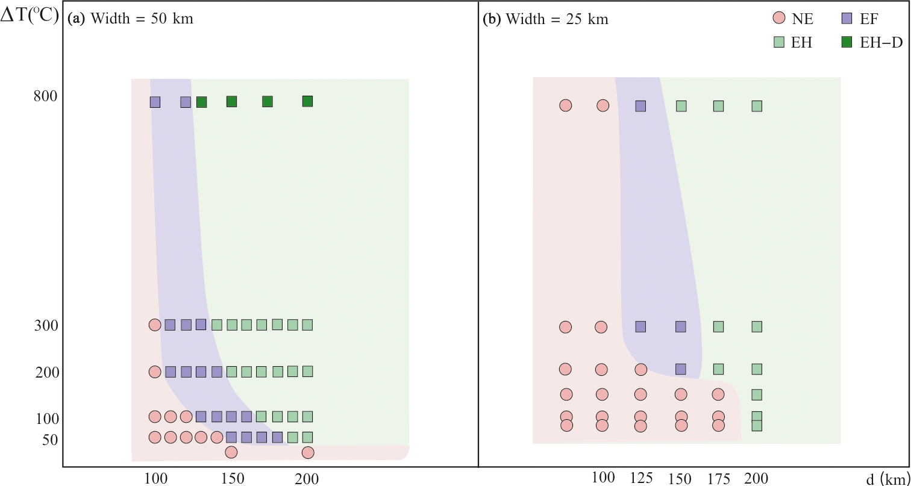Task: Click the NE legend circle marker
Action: [778, 19]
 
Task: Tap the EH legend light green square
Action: [778, 42]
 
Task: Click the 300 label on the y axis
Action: [46, 326]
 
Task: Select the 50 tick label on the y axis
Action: [51, 440]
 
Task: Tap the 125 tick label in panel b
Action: [641, 478]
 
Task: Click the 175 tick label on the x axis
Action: [718, 479]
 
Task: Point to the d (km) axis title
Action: [888, 479]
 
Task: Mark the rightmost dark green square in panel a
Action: [307, 101]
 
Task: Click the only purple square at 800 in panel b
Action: [640, 106]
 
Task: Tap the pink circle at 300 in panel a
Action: [155, 325]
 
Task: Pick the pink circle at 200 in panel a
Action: [155, 372]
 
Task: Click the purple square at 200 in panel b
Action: [681, 369]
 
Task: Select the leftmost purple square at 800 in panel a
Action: [155, 102]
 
